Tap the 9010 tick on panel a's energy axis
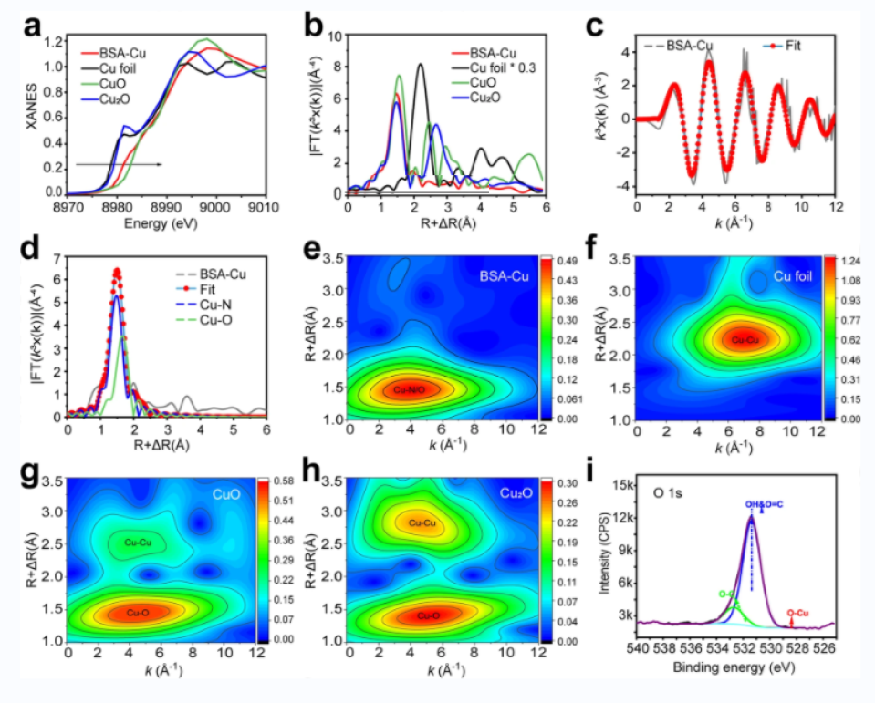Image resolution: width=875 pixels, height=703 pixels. (265, 209)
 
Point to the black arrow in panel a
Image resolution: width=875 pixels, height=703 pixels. (119, 164)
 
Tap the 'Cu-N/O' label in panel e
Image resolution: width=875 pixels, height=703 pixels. (411, 390)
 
